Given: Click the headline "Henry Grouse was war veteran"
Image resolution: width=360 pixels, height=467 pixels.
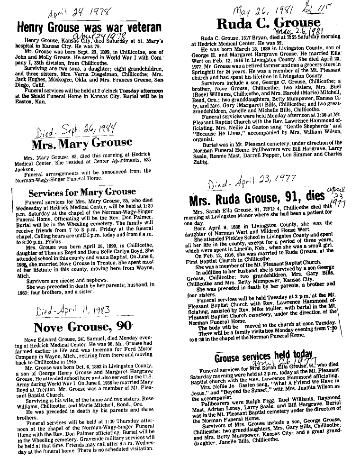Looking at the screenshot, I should click(88, 28).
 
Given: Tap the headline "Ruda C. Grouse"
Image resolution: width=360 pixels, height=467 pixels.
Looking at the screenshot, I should click(268, 22).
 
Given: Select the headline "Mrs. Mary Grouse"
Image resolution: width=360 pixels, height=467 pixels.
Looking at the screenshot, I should click(81, 142).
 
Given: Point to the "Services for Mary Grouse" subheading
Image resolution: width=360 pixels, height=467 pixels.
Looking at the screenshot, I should click(82, 192).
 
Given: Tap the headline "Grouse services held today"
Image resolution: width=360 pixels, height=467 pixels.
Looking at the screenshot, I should click(264, 357).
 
